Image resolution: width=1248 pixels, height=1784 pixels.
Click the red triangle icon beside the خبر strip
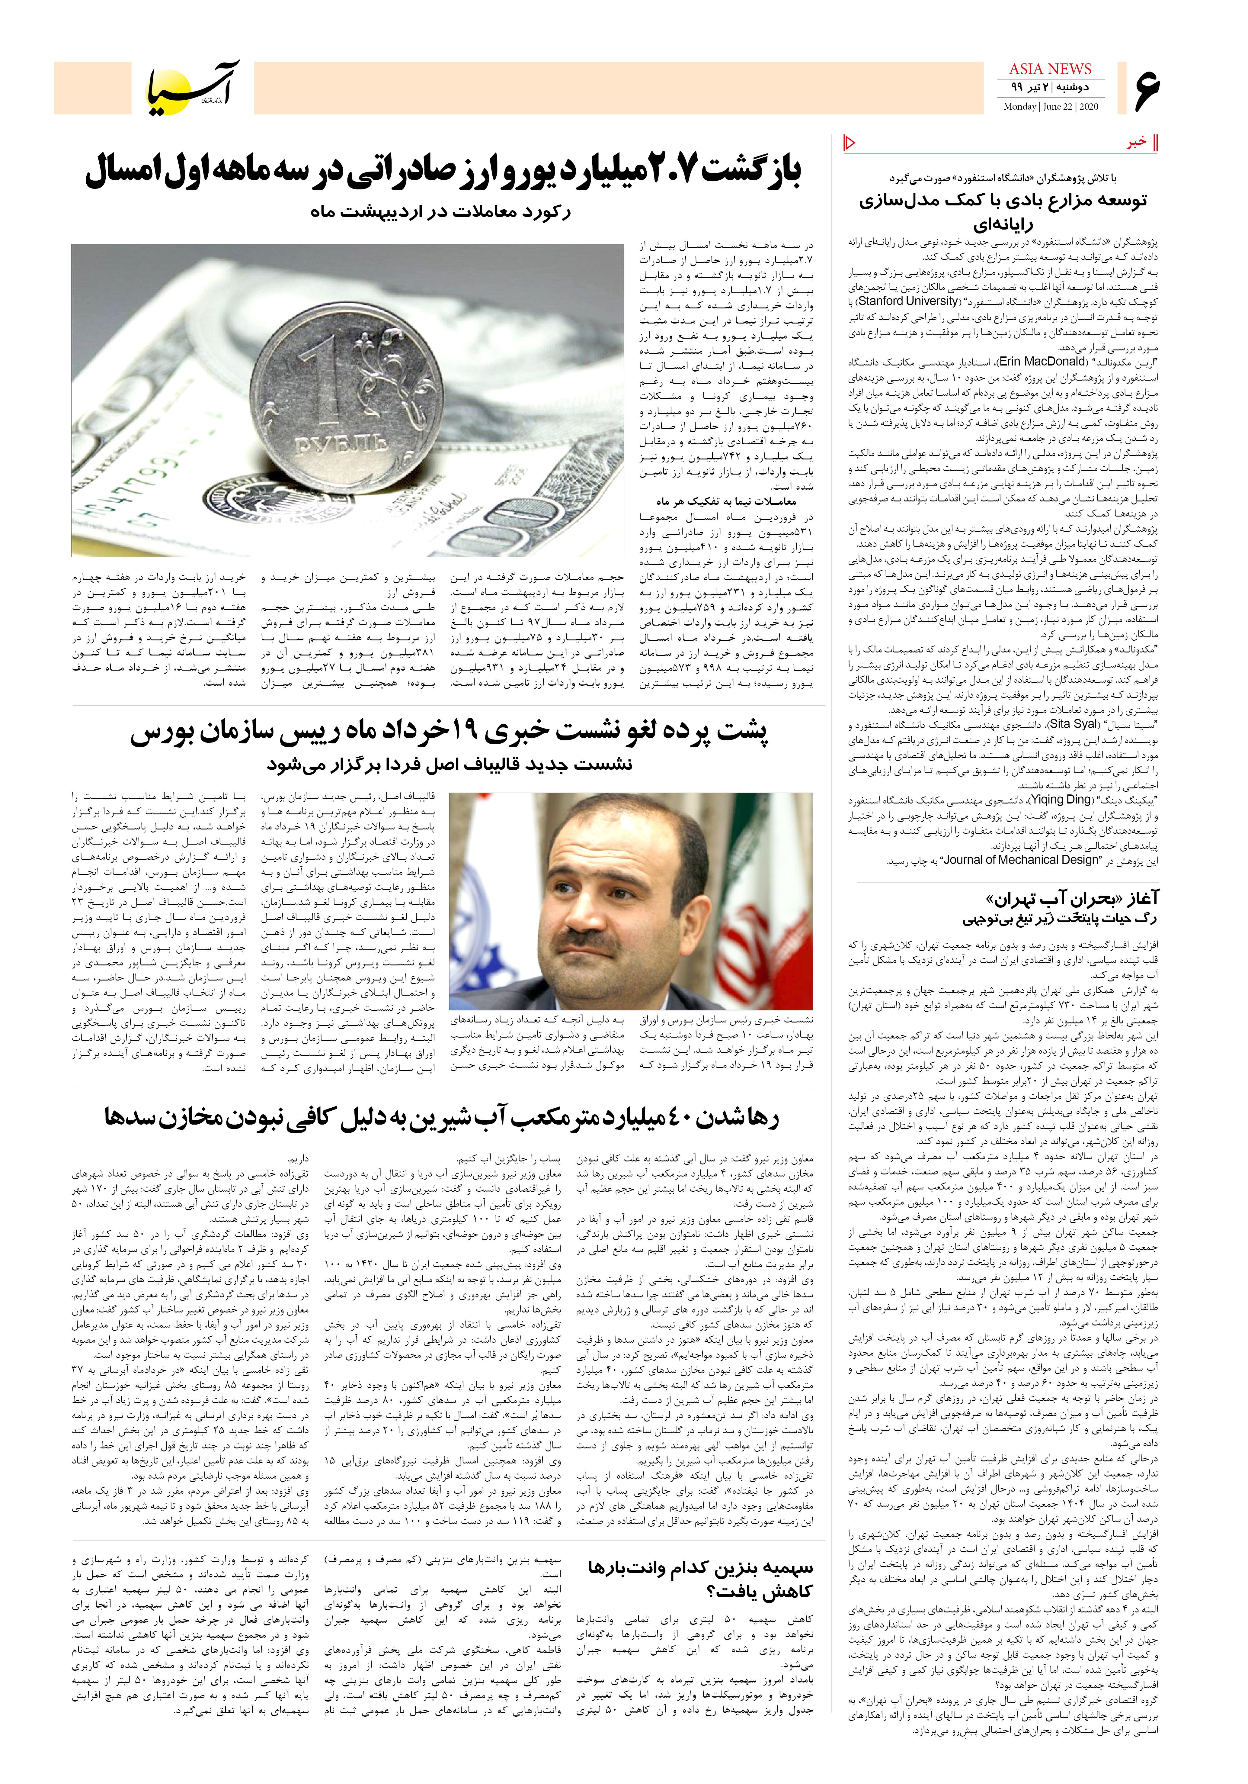[849, 142]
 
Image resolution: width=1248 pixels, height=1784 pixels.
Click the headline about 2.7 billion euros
[443, 172]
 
